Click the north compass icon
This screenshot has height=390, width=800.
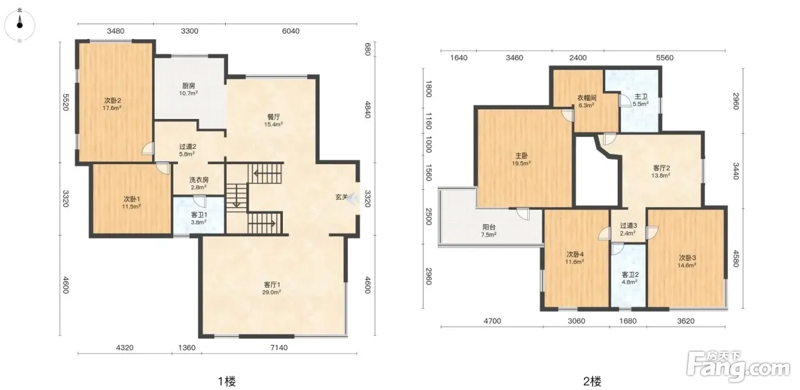[x=19, y=25]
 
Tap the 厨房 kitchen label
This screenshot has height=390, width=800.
[x=189, y=86]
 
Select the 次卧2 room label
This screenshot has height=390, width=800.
[x=113, y=101]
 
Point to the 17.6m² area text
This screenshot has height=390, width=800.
[x=112, y=108]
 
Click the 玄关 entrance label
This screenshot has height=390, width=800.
[x=342, y=197]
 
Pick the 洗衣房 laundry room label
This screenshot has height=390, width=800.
[x=199, y=180]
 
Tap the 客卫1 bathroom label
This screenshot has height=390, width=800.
[x=199, y=215]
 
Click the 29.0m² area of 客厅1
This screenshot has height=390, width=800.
[x=271, y=292]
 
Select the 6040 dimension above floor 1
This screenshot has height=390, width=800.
[x=291, y=31]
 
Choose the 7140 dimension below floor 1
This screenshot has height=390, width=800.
[x=279, y=348]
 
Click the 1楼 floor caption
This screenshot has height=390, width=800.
[x=227, y=381]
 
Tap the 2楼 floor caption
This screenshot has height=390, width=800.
[x=592, y=381]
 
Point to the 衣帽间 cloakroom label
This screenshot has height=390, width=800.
[x=587, y=98]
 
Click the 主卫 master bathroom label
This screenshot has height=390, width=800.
[x=641, y=97]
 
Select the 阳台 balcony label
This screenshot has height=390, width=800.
[x=489, y=227]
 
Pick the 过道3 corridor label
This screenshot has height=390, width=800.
[x=628, y=225]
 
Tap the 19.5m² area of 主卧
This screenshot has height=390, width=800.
[x=521, y=163]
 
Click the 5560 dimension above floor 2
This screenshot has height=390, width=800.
[x=665, y=58]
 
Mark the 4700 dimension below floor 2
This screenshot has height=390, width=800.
[x=492, y=321]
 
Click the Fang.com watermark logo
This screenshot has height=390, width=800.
[x=738, y=367]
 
